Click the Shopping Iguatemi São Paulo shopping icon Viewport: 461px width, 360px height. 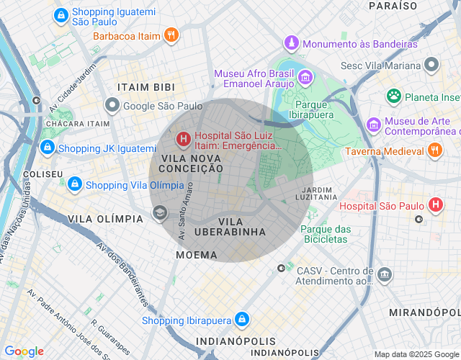[61, 14]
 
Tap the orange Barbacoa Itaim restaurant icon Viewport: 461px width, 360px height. [170, 34]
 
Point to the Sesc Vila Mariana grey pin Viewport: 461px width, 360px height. [431, 66]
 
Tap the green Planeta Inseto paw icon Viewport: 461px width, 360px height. [393, 96]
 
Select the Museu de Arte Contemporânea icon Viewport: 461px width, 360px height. [372, 125]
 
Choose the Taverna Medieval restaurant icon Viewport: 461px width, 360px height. [434, 150]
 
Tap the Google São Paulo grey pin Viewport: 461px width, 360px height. [112, 106]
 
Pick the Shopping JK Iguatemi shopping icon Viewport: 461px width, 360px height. [47, 148]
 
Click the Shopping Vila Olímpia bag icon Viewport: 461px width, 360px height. [74, 184]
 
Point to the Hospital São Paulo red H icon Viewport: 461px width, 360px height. [435, 205]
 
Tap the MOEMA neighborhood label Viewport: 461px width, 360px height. [196, 255]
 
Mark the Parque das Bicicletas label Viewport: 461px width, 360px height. [325, 234]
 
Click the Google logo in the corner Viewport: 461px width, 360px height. [24, 351]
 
